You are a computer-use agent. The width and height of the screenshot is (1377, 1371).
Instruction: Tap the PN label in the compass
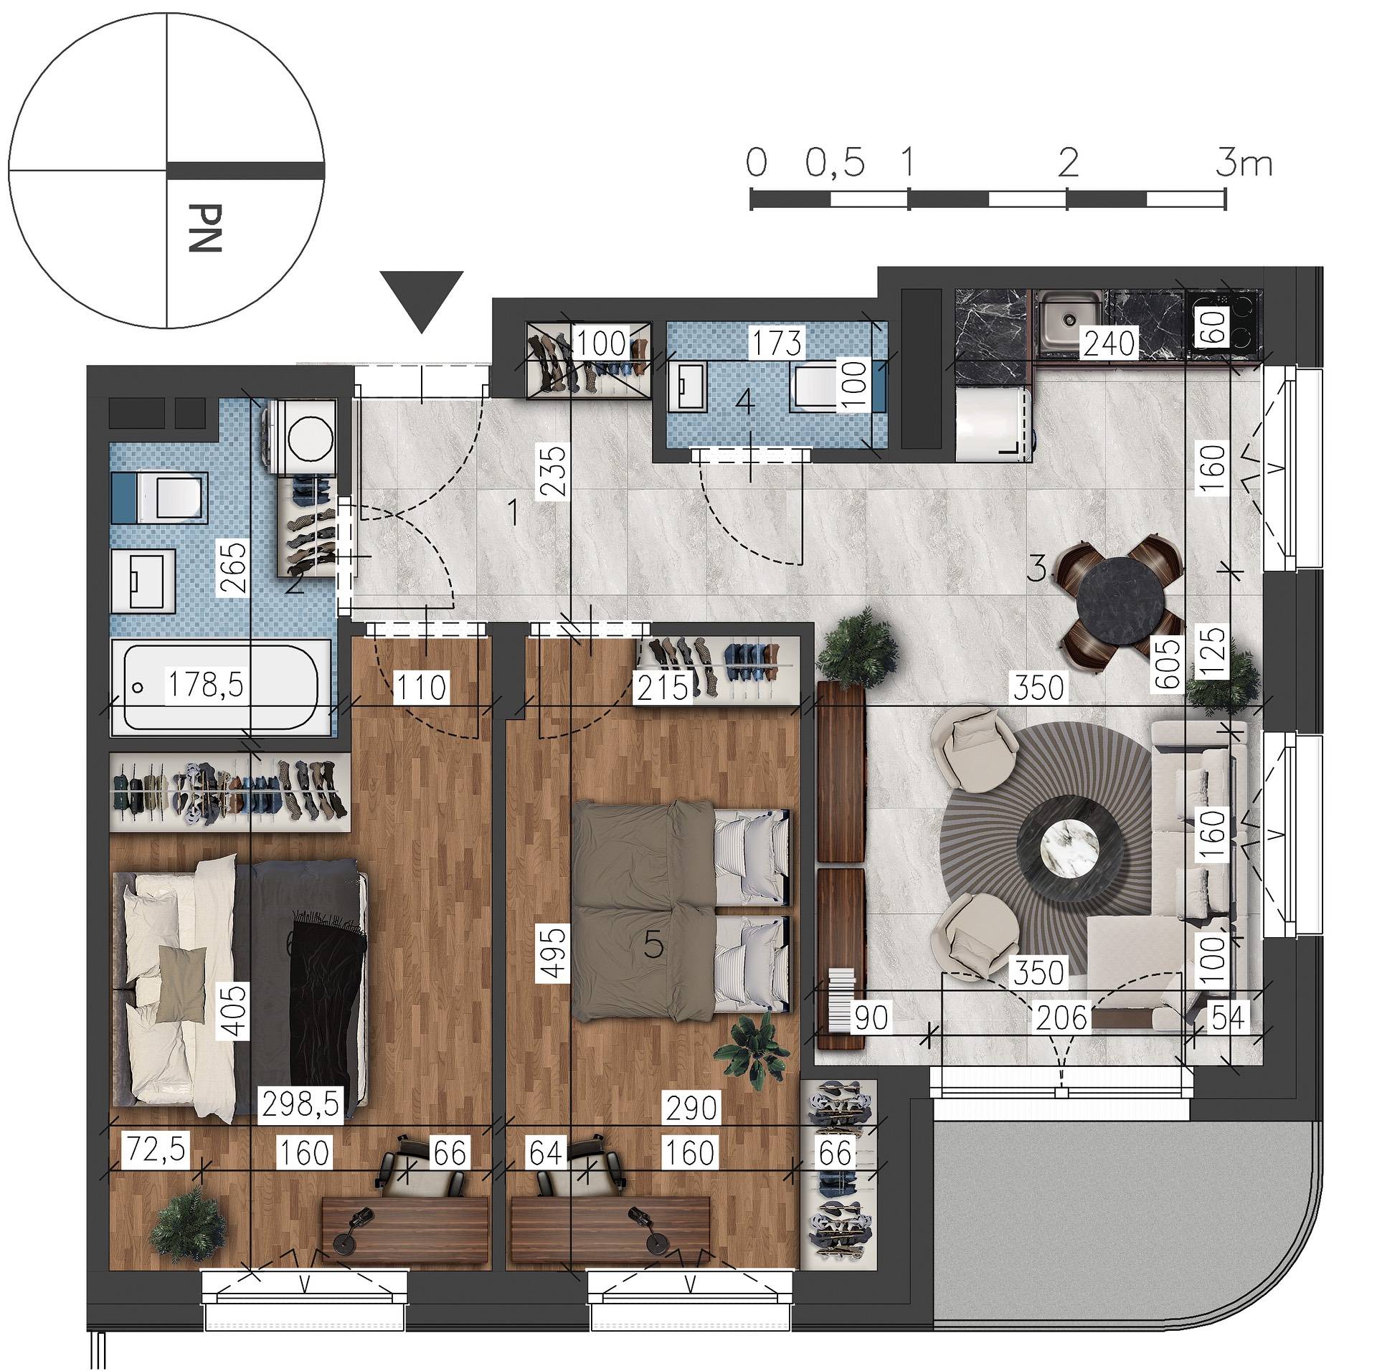204,228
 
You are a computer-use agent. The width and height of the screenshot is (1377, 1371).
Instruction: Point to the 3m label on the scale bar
1244,163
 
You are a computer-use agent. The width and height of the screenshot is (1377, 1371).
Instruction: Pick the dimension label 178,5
204,685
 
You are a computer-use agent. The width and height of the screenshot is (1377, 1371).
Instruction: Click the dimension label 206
1062,1017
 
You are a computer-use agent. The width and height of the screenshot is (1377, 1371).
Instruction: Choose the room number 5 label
652,947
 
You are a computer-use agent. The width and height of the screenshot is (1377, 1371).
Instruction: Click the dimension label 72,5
156,1149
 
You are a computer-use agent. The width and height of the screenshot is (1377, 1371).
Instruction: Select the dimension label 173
778,343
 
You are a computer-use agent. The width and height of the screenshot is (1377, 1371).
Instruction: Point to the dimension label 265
232,567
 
